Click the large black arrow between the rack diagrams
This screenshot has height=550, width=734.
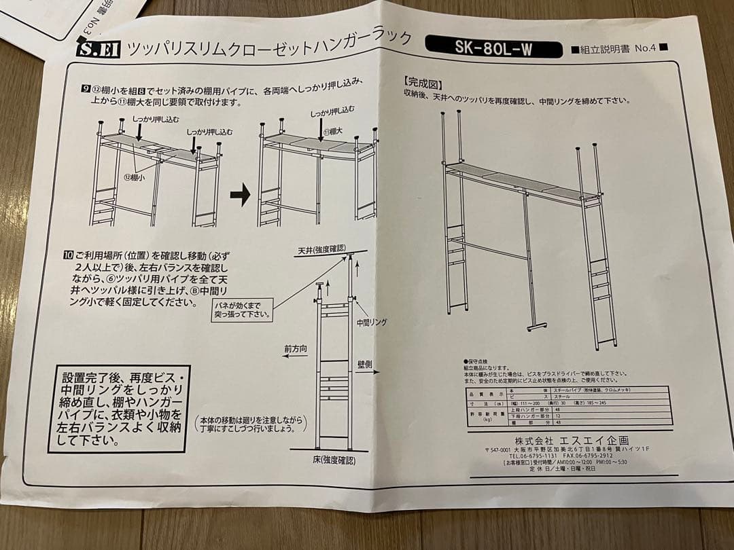(240, 196)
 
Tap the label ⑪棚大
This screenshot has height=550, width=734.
(334, 131)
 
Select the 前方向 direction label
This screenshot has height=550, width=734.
(296, 349)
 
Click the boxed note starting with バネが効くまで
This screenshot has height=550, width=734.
(241, 310)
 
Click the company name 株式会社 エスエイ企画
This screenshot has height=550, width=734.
(571, 440)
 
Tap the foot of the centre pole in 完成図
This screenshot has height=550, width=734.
(536, 327)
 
